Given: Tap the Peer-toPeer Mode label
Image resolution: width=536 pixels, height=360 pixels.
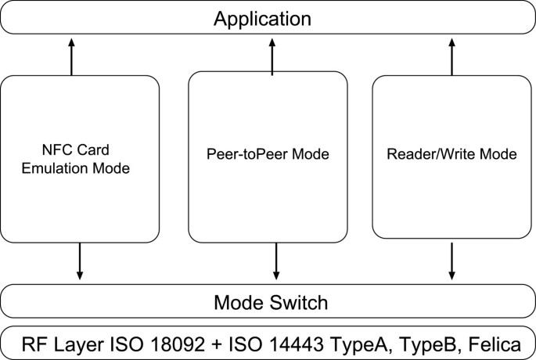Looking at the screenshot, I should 268,154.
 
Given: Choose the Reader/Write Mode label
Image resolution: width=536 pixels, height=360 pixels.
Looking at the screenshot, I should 451,154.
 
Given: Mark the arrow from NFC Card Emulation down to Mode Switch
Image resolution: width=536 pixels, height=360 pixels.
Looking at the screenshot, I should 78,262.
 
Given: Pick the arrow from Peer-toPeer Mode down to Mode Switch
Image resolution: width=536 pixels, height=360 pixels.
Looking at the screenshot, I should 275,262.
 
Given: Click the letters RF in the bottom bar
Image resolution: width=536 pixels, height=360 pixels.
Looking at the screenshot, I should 33,343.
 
